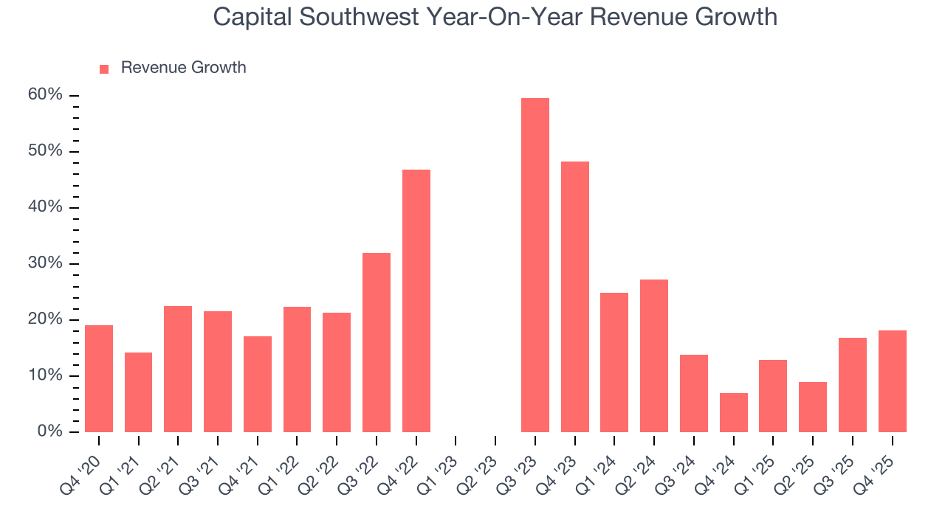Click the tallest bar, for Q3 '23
click(x=535, y=265)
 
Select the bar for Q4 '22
click(x=416, y=301)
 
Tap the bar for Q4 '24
click(x=733, y=413)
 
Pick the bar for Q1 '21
click(x=138, y=392)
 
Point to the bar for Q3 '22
click(x=377, y=343)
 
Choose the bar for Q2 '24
click(x=654, y=356)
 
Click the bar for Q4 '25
click(x=892, y=381)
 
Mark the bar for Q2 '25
click(x=813, y=407)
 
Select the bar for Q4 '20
click(x=99, y=378)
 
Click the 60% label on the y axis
click(x=46, y=95)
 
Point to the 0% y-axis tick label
click(x=49, y=431)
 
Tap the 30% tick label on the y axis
click(x=46, y=263)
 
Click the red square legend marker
click(x=104, y=69)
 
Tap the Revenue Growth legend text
click(x=183, y=68)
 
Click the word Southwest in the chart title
click(x=357, y=16)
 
